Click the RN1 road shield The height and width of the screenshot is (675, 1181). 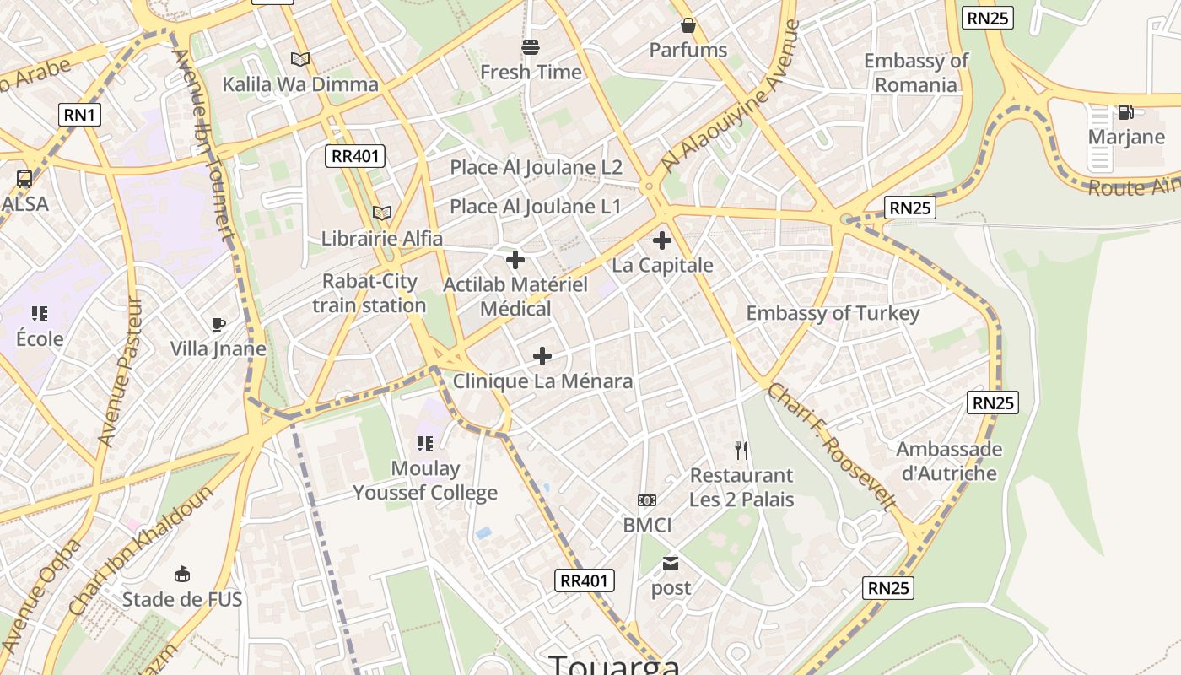(79, 115)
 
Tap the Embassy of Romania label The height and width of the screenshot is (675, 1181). (916, 73)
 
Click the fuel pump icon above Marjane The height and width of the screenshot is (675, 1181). (1125, 112)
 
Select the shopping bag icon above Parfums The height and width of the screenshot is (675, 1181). (688, 26)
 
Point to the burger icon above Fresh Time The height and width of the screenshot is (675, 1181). (531, 47)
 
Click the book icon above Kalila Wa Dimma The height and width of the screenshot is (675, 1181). (300, 59)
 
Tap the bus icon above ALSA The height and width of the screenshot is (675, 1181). (24, 179)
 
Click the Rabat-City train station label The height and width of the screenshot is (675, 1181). (369, 294)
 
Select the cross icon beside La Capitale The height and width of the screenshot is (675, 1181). (662, 240)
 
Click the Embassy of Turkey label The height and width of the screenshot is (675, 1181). (833, 314)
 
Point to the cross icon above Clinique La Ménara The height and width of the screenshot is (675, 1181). (542, 356)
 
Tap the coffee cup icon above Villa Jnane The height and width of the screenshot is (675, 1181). (218, 325)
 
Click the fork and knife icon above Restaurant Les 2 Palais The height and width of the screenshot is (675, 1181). (741, 451)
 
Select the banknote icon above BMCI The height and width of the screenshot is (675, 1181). (647, 500)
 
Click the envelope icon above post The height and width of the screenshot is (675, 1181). (671, 564)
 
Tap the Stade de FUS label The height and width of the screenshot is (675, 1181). (182, 600)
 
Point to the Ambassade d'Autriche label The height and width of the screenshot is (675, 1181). (949, 461)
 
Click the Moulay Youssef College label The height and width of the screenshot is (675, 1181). (425, 481)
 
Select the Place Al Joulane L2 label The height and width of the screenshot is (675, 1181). (536, 167)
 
